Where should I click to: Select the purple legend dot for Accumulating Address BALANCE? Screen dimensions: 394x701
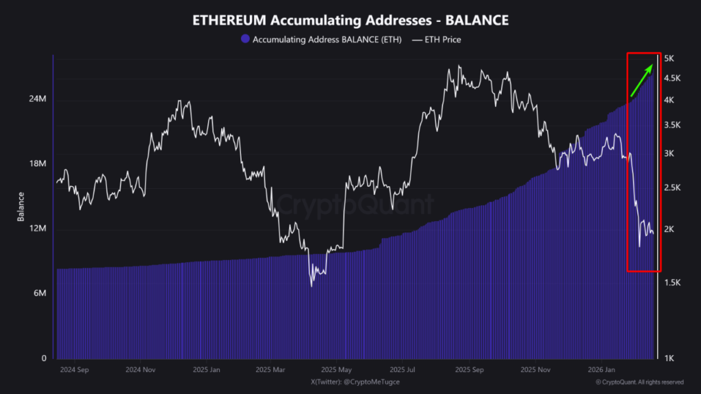tap(245, 40)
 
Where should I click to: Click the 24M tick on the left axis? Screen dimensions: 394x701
tap(38, 99)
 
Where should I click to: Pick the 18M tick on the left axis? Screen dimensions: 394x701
tap(38, 164)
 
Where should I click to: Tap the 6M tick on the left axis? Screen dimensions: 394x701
tap(40, 293)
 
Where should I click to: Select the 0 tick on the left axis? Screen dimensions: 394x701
tap(44, 358)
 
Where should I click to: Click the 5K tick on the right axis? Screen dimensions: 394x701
tap(670, 59)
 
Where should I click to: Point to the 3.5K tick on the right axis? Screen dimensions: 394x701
tap(672, 125)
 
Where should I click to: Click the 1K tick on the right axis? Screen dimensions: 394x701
tap(670, 358)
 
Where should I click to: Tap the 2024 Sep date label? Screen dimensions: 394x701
tap(75, 370)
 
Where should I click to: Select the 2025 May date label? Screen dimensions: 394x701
tap(336, 370)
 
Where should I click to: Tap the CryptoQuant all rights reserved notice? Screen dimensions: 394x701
tap(639, 382)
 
